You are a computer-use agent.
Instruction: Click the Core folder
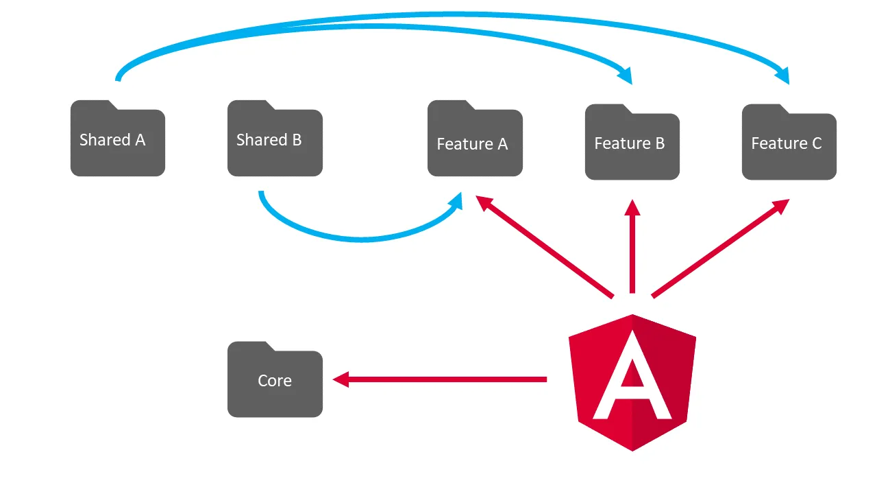(275, 380)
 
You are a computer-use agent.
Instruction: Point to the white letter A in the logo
(632, 385)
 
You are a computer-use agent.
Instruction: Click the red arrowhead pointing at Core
(341, 379)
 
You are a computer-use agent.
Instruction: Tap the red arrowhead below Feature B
(632, 208)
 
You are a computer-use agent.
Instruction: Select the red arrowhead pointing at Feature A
(485, 204)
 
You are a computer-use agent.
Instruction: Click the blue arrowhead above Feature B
(625, 74)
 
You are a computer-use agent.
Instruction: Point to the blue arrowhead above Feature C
(782, 74)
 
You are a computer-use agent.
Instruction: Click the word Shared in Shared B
(251, 140)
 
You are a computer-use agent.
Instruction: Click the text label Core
(275, 381)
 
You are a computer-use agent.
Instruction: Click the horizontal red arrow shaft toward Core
(445, 379)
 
